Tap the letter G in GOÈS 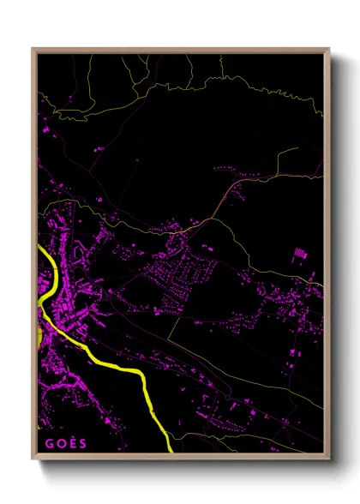(x=48, y=442)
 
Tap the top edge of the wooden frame (x=180, y=49)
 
